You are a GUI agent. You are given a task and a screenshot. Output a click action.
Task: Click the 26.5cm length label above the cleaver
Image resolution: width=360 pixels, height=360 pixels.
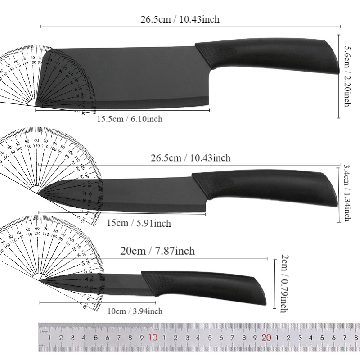[180, 19]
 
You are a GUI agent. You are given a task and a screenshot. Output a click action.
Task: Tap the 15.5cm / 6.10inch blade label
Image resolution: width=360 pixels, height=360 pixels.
[130, 119]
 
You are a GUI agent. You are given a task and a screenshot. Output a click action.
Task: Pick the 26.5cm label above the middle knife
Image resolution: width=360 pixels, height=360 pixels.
[191, 158]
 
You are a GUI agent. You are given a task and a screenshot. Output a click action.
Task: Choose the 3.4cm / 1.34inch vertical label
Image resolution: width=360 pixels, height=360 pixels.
[346, 193]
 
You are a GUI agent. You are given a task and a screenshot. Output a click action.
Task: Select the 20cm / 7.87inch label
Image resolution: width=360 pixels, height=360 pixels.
[158, 251]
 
